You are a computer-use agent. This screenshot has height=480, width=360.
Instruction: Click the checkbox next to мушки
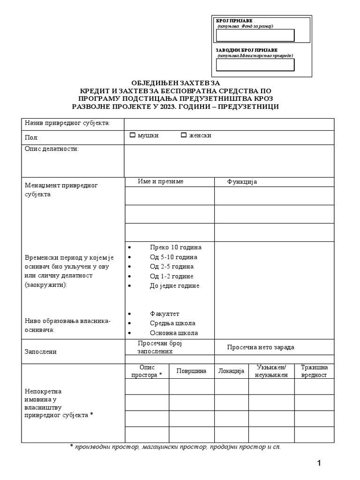[x=133, y=135]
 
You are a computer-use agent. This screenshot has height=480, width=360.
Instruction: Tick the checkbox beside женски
[x=184, y=135]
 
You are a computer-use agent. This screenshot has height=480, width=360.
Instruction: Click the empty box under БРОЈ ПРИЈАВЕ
[x=255, y=36]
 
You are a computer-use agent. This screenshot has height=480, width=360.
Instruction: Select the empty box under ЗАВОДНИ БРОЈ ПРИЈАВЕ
[x=255, y=65]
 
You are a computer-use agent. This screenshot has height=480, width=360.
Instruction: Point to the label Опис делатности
[x=52, y=149]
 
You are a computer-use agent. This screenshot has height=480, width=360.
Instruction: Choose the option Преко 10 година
[x=175, y=247]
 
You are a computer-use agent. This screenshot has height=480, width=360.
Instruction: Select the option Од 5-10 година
[x=173, y=257]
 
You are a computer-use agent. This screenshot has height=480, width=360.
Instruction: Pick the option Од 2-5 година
[x=172, y=266]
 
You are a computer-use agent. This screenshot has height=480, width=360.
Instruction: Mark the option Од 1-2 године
[x=172, y=276]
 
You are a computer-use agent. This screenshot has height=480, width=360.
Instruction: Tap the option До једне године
[x=174, y=285]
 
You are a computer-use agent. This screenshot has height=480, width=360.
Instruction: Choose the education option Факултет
[x=165, y=314]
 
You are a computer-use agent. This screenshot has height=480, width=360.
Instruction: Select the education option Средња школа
[x=172, y=323]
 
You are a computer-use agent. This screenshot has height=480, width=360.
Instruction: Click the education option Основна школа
[x=174, y=333]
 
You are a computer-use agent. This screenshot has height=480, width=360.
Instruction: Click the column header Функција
[x=242, y=182]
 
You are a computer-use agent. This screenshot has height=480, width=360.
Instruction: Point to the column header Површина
[x=191, y=371]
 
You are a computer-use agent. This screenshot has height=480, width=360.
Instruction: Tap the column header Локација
[x=232, y=371]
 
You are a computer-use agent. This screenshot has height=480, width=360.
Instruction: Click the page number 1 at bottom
[x=319, y=464]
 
